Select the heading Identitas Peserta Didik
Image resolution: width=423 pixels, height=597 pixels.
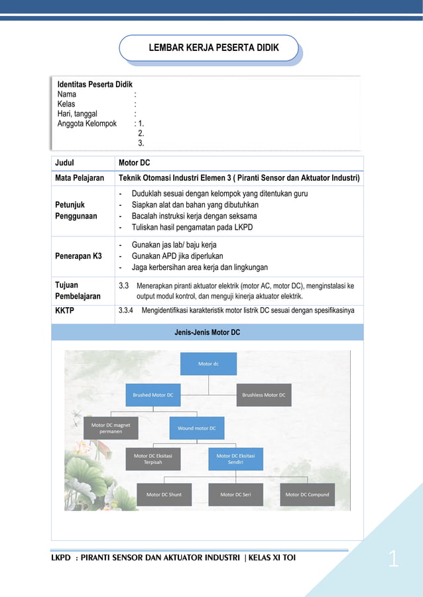(x=95, y=85)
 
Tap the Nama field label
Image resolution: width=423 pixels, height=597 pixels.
(x=67, y=95)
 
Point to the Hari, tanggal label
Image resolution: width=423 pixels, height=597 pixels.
(x=77, y=114)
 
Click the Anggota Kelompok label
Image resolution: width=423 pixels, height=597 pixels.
(x=87, y=124)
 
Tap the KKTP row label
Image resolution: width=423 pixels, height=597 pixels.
(x=65, y=310)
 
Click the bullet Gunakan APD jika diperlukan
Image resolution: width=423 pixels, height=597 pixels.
(x=177, y=255)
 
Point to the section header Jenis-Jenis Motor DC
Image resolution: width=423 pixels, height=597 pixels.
(x=207, y=332)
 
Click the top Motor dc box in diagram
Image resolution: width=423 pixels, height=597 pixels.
(x=208, y=363)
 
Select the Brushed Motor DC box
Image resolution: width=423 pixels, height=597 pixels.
(x=152, y=395)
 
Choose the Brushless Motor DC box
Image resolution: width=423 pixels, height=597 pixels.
(x=263, y=395)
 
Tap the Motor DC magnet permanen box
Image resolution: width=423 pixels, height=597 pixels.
(x=111, y=428)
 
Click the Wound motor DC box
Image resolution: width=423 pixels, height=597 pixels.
(x=196, y=428)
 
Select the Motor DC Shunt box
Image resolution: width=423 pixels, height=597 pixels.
(x=164, y=494)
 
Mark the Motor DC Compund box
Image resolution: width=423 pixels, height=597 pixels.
(x=307, y=494)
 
